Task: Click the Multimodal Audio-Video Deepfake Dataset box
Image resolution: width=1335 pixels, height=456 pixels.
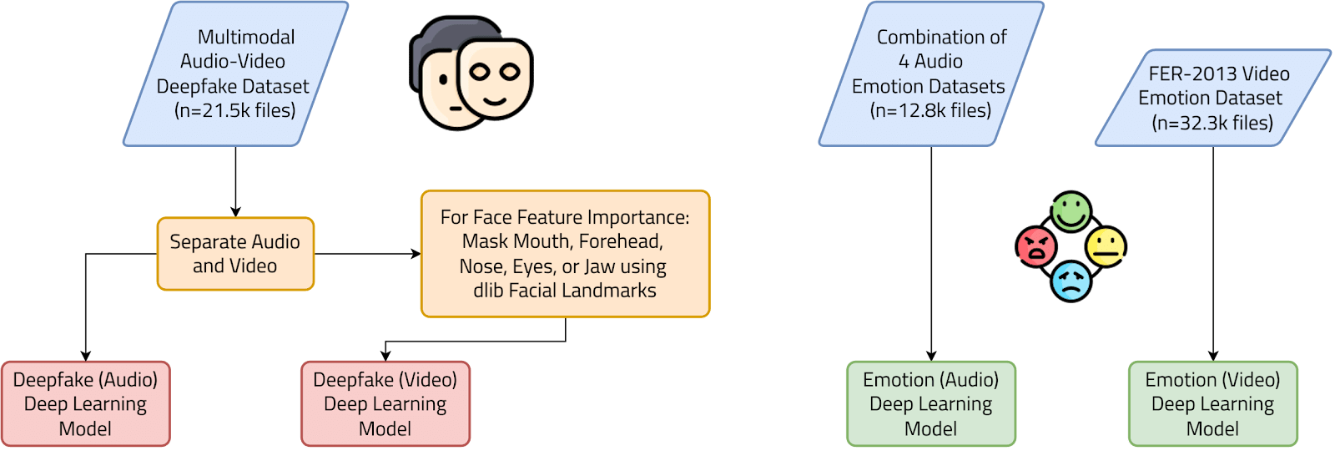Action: click(x=234, y=73)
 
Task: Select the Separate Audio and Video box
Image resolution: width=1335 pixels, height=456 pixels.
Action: click(x=235, y=254)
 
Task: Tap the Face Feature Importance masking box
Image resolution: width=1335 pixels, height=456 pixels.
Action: click(x=565, y=254)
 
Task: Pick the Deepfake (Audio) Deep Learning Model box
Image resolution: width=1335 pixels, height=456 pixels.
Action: click(x=85, y=404)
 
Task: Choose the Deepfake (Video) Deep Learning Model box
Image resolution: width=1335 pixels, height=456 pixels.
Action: click(x=385, y=404)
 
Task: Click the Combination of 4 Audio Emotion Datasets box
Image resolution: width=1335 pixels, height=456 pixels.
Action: click(x=930, y=73)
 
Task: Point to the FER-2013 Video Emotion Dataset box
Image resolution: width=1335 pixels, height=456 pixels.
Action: click(x=1212, y=98)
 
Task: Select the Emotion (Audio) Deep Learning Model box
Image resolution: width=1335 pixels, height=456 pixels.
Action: click(x=931, y=404)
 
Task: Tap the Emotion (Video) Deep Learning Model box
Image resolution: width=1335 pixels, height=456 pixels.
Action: click(x=1212, y=404)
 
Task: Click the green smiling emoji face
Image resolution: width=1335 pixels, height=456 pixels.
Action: click(x=1071, y=211)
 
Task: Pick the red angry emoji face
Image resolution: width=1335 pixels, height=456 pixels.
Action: click(x=1036, y=246)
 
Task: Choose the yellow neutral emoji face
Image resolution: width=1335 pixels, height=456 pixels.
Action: click(x=1106, y=246)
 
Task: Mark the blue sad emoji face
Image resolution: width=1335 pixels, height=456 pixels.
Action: click(x=1071, y=281)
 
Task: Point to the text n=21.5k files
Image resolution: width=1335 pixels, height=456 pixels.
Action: click(x=234, y=110)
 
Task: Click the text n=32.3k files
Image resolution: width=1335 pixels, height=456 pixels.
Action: click(x=1212, y=123)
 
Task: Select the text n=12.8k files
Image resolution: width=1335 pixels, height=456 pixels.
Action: click(x=930, y=110)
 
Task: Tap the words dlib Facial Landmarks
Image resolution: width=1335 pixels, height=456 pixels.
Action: click(x=565, y=291)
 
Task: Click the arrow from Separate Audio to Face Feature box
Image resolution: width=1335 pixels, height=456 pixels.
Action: click(x=367, y=254)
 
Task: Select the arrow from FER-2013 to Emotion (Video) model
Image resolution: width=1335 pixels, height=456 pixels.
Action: click(x=1213, y=251)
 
